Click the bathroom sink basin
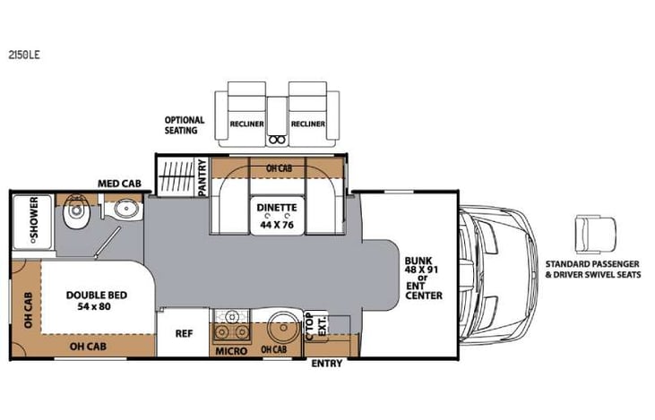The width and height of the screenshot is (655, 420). [x=123, y=211]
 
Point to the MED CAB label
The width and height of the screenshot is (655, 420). [x=118, y=184]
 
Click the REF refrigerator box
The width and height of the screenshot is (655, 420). [x=184, y=333]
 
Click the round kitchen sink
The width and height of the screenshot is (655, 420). [x=282, y=324]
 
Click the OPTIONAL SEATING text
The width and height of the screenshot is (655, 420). [x=184, y=125]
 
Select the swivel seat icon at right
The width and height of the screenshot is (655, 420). [x=593, y=236]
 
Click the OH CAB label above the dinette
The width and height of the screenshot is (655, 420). [x=279, y=168]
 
